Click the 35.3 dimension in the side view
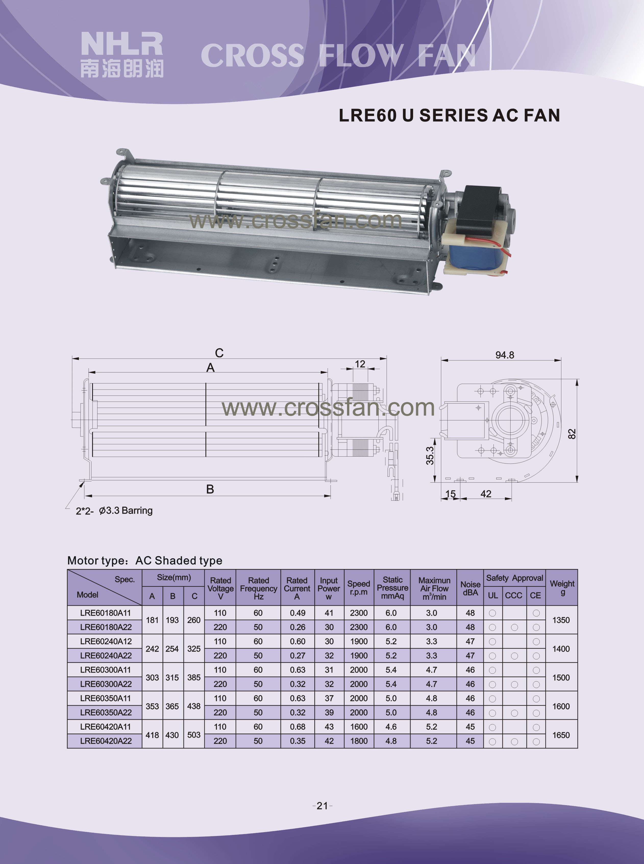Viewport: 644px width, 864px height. (430, 455)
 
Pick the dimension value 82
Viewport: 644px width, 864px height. (572, 434)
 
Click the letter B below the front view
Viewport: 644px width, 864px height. (210, 489)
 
